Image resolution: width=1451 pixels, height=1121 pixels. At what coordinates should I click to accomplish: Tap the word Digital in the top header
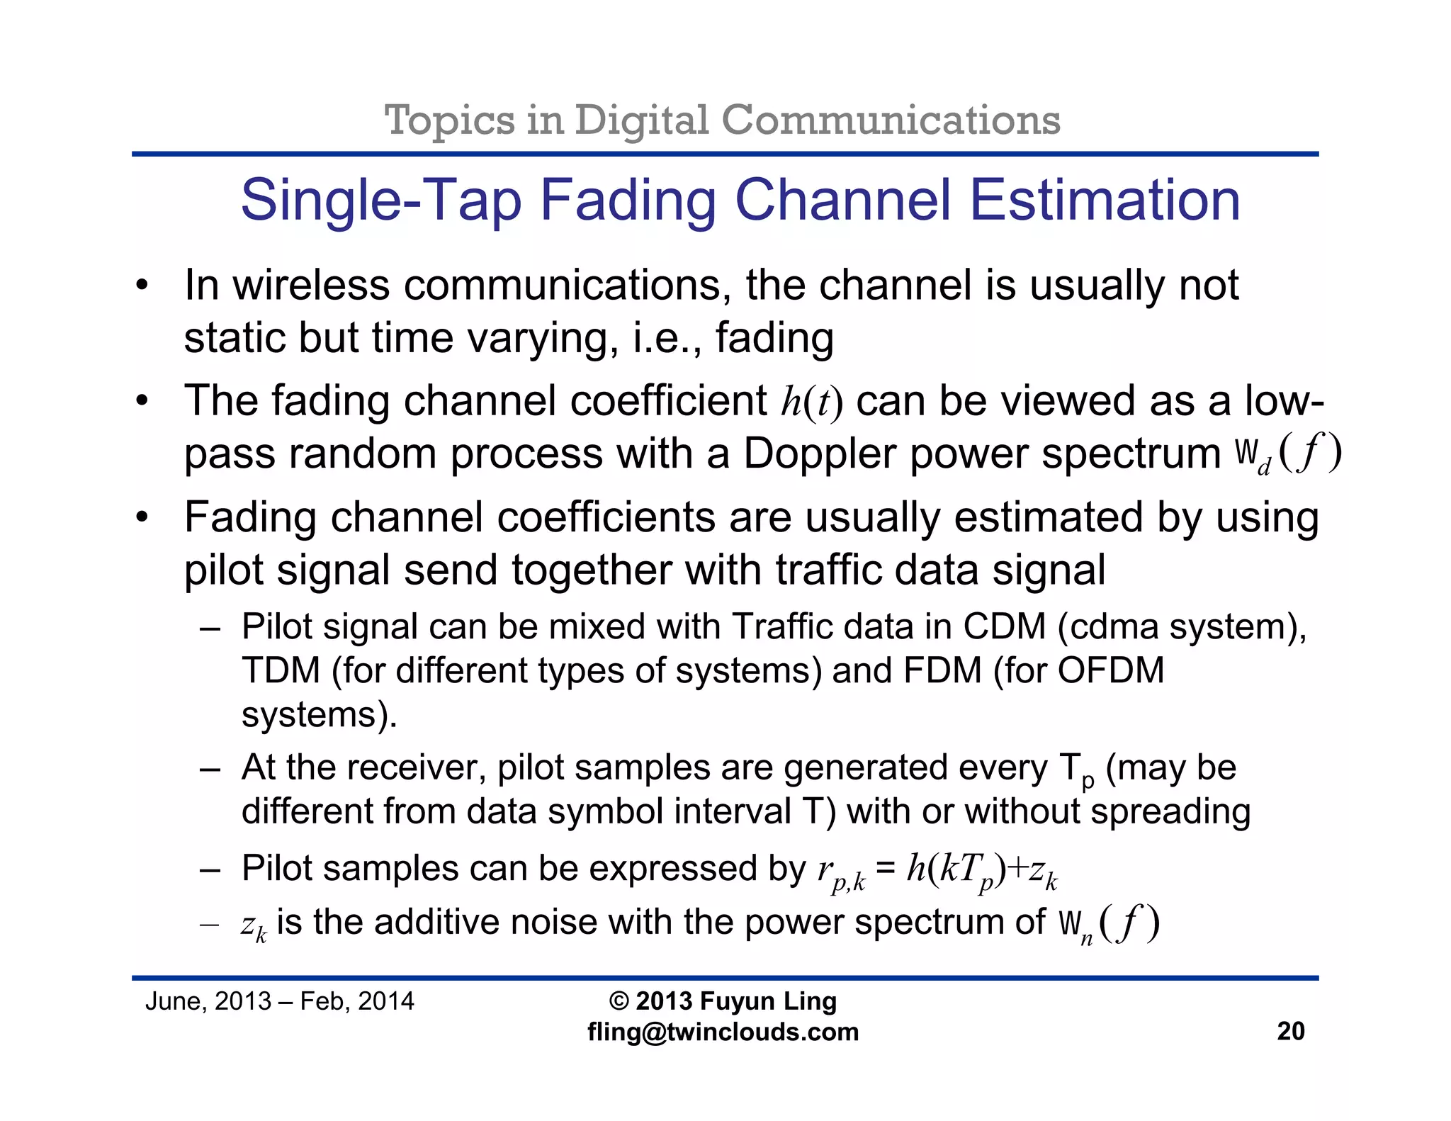(x=641, y=120)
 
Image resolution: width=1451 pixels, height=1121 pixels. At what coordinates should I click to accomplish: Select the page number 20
(x=1290, y=1031)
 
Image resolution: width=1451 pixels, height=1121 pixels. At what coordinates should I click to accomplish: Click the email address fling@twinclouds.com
(x=723, y=1032)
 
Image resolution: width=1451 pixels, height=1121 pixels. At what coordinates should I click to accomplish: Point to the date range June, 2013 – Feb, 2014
(x=279, y=1001)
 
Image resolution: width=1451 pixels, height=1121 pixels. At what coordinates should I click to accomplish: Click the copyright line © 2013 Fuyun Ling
(x=723, y=1001)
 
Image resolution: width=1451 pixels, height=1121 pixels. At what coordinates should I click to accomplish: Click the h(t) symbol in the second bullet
(x=811, y=402)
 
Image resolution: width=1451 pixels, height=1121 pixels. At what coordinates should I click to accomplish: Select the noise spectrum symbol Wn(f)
(x=1109, y=923)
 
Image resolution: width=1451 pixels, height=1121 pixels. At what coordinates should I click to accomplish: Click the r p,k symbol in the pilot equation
(x=841, y=872)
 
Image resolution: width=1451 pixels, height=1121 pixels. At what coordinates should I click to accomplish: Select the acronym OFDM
(x=1110, y=670)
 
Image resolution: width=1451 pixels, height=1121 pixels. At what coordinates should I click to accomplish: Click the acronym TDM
(x=281, y=670)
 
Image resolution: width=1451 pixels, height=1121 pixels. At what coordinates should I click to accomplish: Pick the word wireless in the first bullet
(x=311, y=286)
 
